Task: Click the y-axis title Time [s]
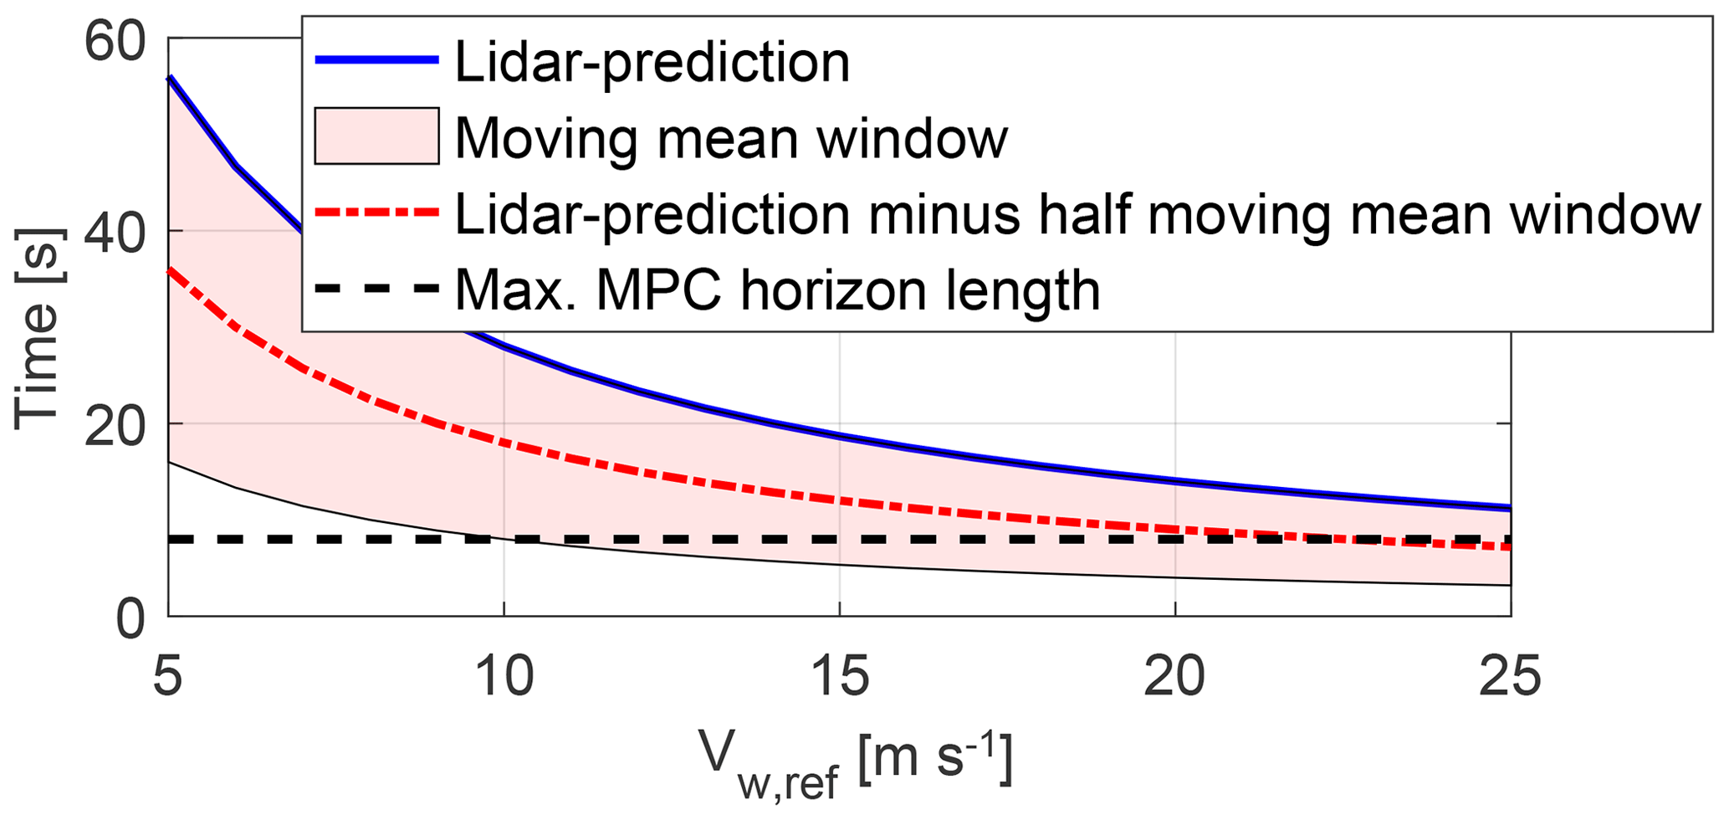click(38, 329)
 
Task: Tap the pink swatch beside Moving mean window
click(376, 136)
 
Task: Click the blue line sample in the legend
click(376, 59)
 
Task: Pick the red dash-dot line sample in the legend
click(376, 213)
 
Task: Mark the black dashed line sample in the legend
click(376, 289)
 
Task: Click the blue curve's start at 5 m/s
click(170, 78)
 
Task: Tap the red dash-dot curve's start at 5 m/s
click(170, 270)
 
